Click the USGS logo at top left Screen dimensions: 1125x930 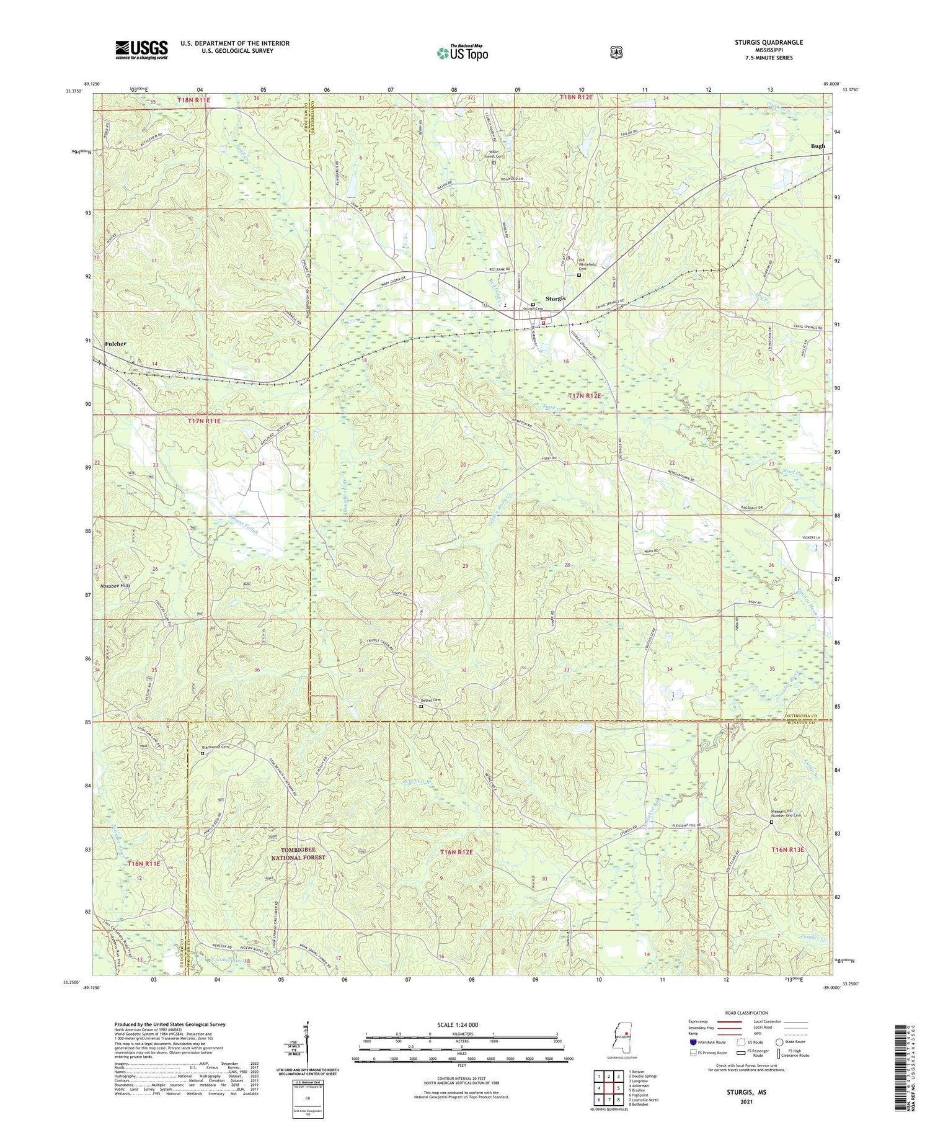click(141, 50)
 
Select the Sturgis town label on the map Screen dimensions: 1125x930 click(555, 298)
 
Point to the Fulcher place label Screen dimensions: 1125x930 click(115, 344)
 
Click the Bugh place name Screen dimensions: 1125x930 click(818, 146)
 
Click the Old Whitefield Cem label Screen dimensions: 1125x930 click(587, 263)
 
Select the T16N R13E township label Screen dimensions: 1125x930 click(787, 849)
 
